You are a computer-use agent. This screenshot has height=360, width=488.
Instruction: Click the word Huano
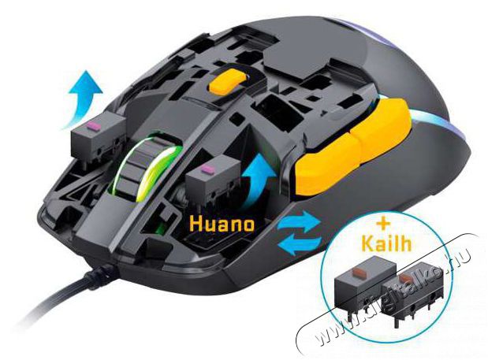click(222, 224)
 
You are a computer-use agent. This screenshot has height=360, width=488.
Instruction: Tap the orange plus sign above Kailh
click(383, 223)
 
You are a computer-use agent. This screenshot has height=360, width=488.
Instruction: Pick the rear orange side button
click(382, 125)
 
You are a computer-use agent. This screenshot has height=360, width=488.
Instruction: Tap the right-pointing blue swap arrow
click(299, 221)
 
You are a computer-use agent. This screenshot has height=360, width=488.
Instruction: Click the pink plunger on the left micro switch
click(93, 127)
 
